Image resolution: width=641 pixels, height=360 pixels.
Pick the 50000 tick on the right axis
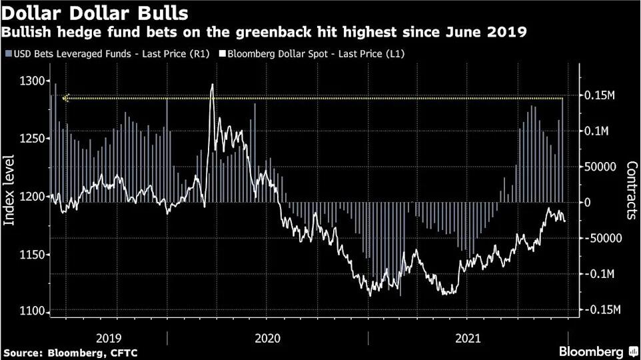[602, 167]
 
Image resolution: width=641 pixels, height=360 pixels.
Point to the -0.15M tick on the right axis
[602, 310]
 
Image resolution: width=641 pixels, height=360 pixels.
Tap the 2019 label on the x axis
[109, 338]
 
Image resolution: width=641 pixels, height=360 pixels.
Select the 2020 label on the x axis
[267, 338]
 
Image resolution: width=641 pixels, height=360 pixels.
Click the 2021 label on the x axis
[466, 338]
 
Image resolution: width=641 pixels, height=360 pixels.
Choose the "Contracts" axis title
[632, 191]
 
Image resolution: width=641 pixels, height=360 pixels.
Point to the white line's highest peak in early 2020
[212, 85]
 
